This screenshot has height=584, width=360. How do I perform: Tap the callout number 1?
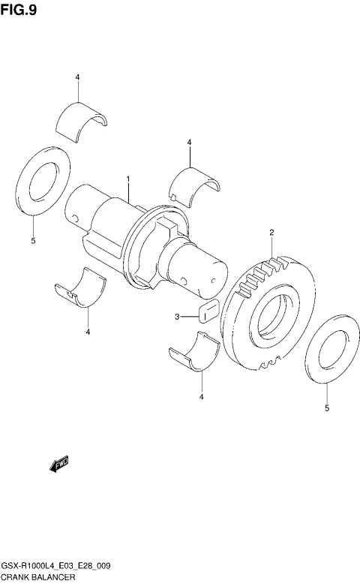coord(128,179)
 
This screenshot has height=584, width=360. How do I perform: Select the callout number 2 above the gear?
coord(271,233)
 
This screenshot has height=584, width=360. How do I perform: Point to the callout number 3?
coord(178,317)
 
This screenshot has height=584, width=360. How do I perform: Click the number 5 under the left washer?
coord(33,240)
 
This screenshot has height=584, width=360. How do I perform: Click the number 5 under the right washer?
coord(326,408)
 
